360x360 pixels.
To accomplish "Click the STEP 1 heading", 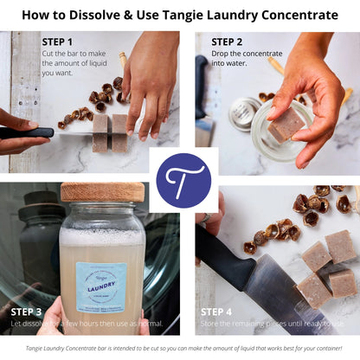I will (x=58, y=42).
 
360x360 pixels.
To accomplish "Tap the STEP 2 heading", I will (x=227, y=42).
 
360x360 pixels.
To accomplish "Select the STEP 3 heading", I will (x=26, y=311).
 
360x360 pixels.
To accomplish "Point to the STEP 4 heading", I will (x=217, y=312).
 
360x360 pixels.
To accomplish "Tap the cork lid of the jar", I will (x=102, y=192).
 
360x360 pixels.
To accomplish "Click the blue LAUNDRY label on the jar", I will (x=101, y=278).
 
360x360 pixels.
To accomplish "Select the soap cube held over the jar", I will (x=286, y=125).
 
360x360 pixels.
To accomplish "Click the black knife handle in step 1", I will (x=26, y=133).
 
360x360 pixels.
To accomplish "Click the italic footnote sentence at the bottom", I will (x=180, y=347).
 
